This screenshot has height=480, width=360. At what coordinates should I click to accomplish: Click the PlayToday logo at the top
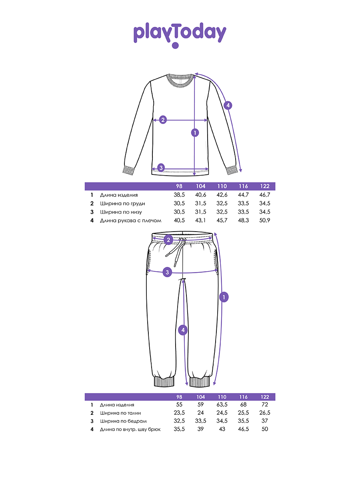(180, 34)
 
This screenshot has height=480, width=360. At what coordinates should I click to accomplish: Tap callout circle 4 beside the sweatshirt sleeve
(228, 106)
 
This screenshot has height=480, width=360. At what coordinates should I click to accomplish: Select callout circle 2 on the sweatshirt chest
(163, 120)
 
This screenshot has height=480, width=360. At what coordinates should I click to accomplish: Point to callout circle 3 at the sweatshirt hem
(161, 168)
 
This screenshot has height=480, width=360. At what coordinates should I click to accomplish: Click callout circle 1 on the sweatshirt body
(195, 132)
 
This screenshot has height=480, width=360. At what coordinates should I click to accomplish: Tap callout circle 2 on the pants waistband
(168, 240)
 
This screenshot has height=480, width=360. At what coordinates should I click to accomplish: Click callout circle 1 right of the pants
(224, 297)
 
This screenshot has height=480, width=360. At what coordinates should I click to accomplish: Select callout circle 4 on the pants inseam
(183, 330)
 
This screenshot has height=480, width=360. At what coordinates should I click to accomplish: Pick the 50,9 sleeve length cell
(264, 220)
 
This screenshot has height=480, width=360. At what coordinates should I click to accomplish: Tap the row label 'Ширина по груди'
(122, 204)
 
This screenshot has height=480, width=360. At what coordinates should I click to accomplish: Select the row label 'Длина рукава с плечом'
(130, 220)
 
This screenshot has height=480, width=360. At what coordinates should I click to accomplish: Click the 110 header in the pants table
(222, 397)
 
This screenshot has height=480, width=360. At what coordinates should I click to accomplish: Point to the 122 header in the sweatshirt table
(264, 186)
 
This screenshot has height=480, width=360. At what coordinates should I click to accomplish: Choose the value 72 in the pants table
(264, 405)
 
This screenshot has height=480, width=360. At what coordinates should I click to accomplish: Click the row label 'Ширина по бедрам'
(123, 421)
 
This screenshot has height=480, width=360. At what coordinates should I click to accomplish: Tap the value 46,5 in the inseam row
(243, 429)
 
